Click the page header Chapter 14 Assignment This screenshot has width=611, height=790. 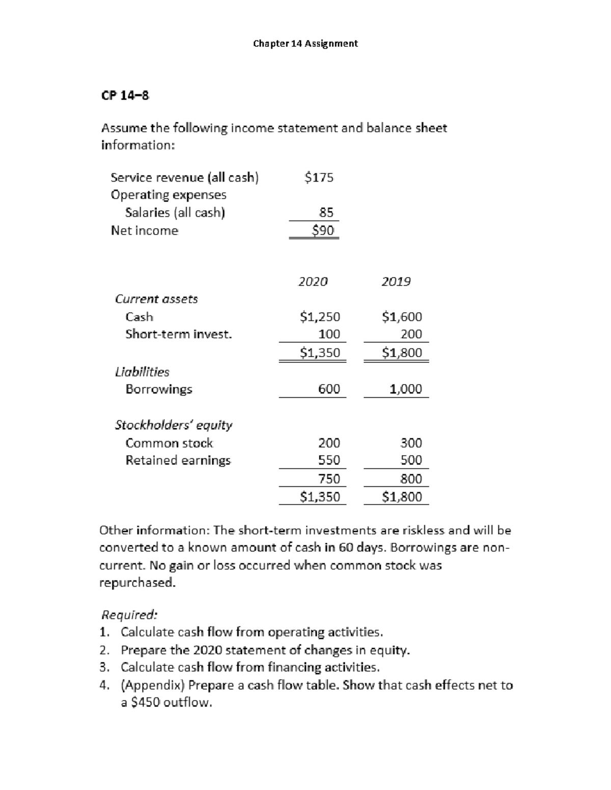305,44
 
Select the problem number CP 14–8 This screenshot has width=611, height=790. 125,95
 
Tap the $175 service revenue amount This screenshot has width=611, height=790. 318,178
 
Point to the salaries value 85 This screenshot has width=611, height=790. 326,212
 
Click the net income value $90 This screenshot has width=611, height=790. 323,230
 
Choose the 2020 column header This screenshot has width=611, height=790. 313,282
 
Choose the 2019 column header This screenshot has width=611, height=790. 396,282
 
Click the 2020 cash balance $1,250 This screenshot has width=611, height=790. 320,317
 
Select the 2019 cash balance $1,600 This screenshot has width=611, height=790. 402,317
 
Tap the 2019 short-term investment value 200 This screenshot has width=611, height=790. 411,334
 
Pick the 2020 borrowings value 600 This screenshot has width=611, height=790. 329,389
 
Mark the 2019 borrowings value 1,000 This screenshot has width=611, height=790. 405,389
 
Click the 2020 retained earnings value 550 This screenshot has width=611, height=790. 329,460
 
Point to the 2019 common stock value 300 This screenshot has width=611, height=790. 411,443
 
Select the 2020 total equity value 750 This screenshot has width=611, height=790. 329,479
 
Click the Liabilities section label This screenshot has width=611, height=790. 142,372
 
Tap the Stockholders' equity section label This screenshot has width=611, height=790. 174,425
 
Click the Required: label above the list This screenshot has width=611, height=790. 129,615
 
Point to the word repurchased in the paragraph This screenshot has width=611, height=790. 137,583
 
